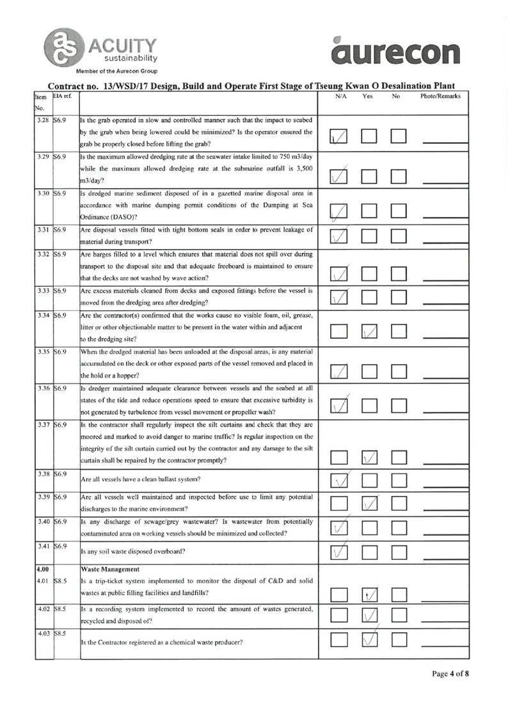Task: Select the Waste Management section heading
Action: coord(107,568)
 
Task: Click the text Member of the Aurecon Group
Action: coord(116,71)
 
